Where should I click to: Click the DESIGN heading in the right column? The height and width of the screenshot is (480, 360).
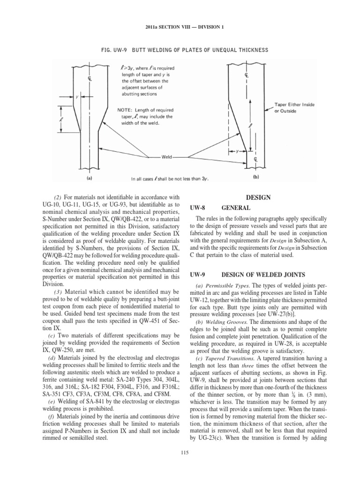[262, 198]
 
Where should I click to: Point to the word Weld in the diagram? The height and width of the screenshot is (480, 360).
[167, 157]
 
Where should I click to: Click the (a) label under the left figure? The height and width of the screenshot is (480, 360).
[89, 178]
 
